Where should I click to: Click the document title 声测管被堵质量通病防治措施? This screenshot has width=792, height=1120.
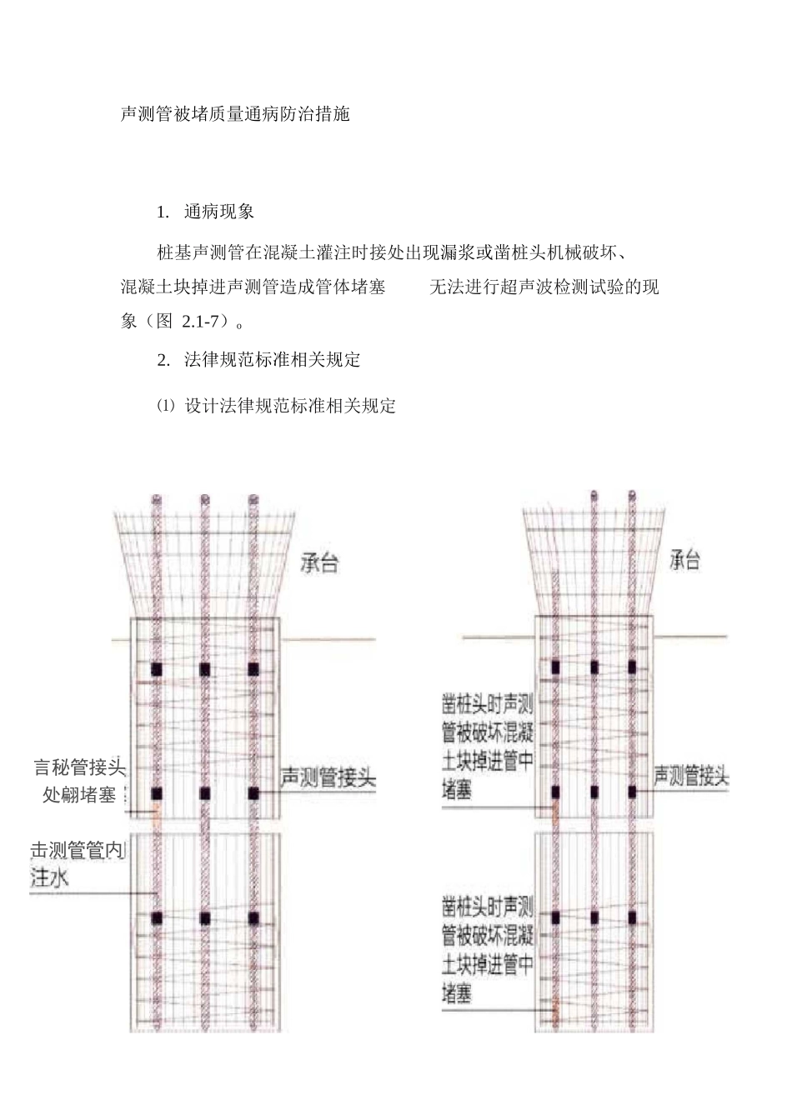(235, 113)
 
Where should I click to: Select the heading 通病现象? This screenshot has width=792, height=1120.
(219, 212)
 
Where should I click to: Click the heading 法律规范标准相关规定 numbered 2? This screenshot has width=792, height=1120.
(273, 360)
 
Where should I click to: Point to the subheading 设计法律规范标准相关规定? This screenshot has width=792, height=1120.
(290, 406)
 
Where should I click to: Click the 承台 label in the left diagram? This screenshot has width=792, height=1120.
(319, 563)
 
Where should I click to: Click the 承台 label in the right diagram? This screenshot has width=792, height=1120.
(684, 560)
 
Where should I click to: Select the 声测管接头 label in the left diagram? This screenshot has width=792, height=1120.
(328, 779)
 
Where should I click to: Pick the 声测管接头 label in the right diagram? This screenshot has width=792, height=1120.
(691, 777)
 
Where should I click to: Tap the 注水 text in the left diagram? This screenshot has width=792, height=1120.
(50, 877)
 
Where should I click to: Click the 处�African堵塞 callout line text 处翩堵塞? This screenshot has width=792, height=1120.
(80, 795)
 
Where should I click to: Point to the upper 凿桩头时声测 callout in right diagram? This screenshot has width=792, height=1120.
(488, 705)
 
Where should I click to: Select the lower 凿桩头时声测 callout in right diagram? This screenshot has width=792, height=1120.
(488, 907)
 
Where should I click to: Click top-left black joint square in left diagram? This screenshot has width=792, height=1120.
(156, 669)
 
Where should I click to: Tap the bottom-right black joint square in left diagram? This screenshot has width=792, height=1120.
(253, 917)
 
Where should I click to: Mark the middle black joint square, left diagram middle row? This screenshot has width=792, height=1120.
(204, 792)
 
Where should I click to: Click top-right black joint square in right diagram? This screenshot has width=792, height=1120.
(632, 667)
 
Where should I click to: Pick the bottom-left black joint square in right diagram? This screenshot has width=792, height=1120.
(555, 917)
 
